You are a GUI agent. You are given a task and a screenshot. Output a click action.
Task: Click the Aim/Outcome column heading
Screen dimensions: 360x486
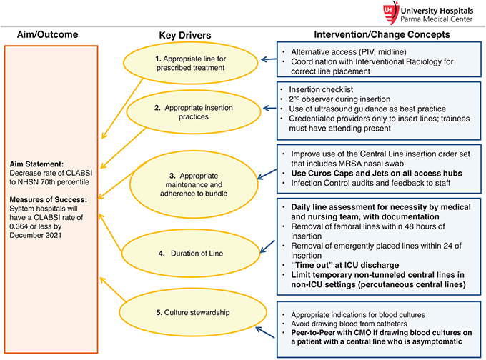(48, 35)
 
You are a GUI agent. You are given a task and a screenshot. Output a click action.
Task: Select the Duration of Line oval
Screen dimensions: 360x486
(187, 251)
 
